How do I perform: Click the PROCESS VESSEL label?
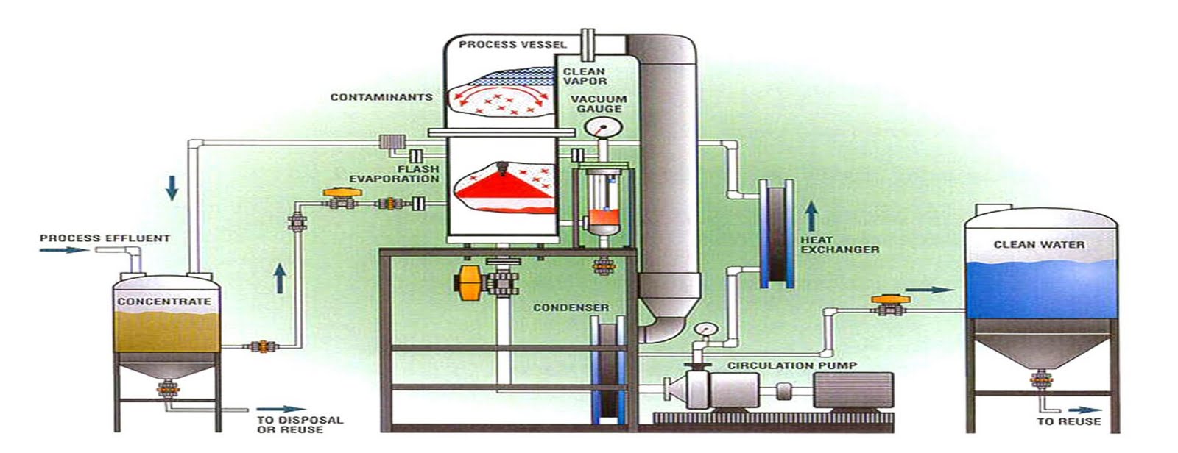click(x=512, y=44)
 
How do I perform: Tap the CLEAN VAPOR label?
click(x=585, y=76)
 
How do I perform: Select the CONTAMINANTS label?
click(x=381, y=97)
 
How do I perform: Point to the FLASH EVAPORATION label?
click(x=394, y=174)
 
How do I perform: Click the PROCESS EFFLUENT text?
click(x=105, y=238)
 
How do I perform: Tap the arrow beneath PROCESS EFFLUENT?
click(x=63, y=250)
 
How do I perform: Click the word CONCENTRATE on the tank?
click(x=164, y=302)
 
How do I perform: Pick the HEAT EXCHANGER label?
click(x=840, y=244)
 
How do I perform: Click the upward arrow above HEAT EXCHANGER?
click(x=811, y=217)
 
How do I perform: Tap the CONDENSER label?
click(x=571, y=307)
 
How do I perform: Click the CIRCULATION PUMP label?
click(x=792, y=365)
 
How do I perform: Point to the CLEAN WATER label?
click(x=1039, y=244)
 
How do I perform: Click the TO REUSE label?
click(x=1069, y=421)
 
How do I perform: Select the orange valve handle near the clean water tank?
click(x=881, y=299)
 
